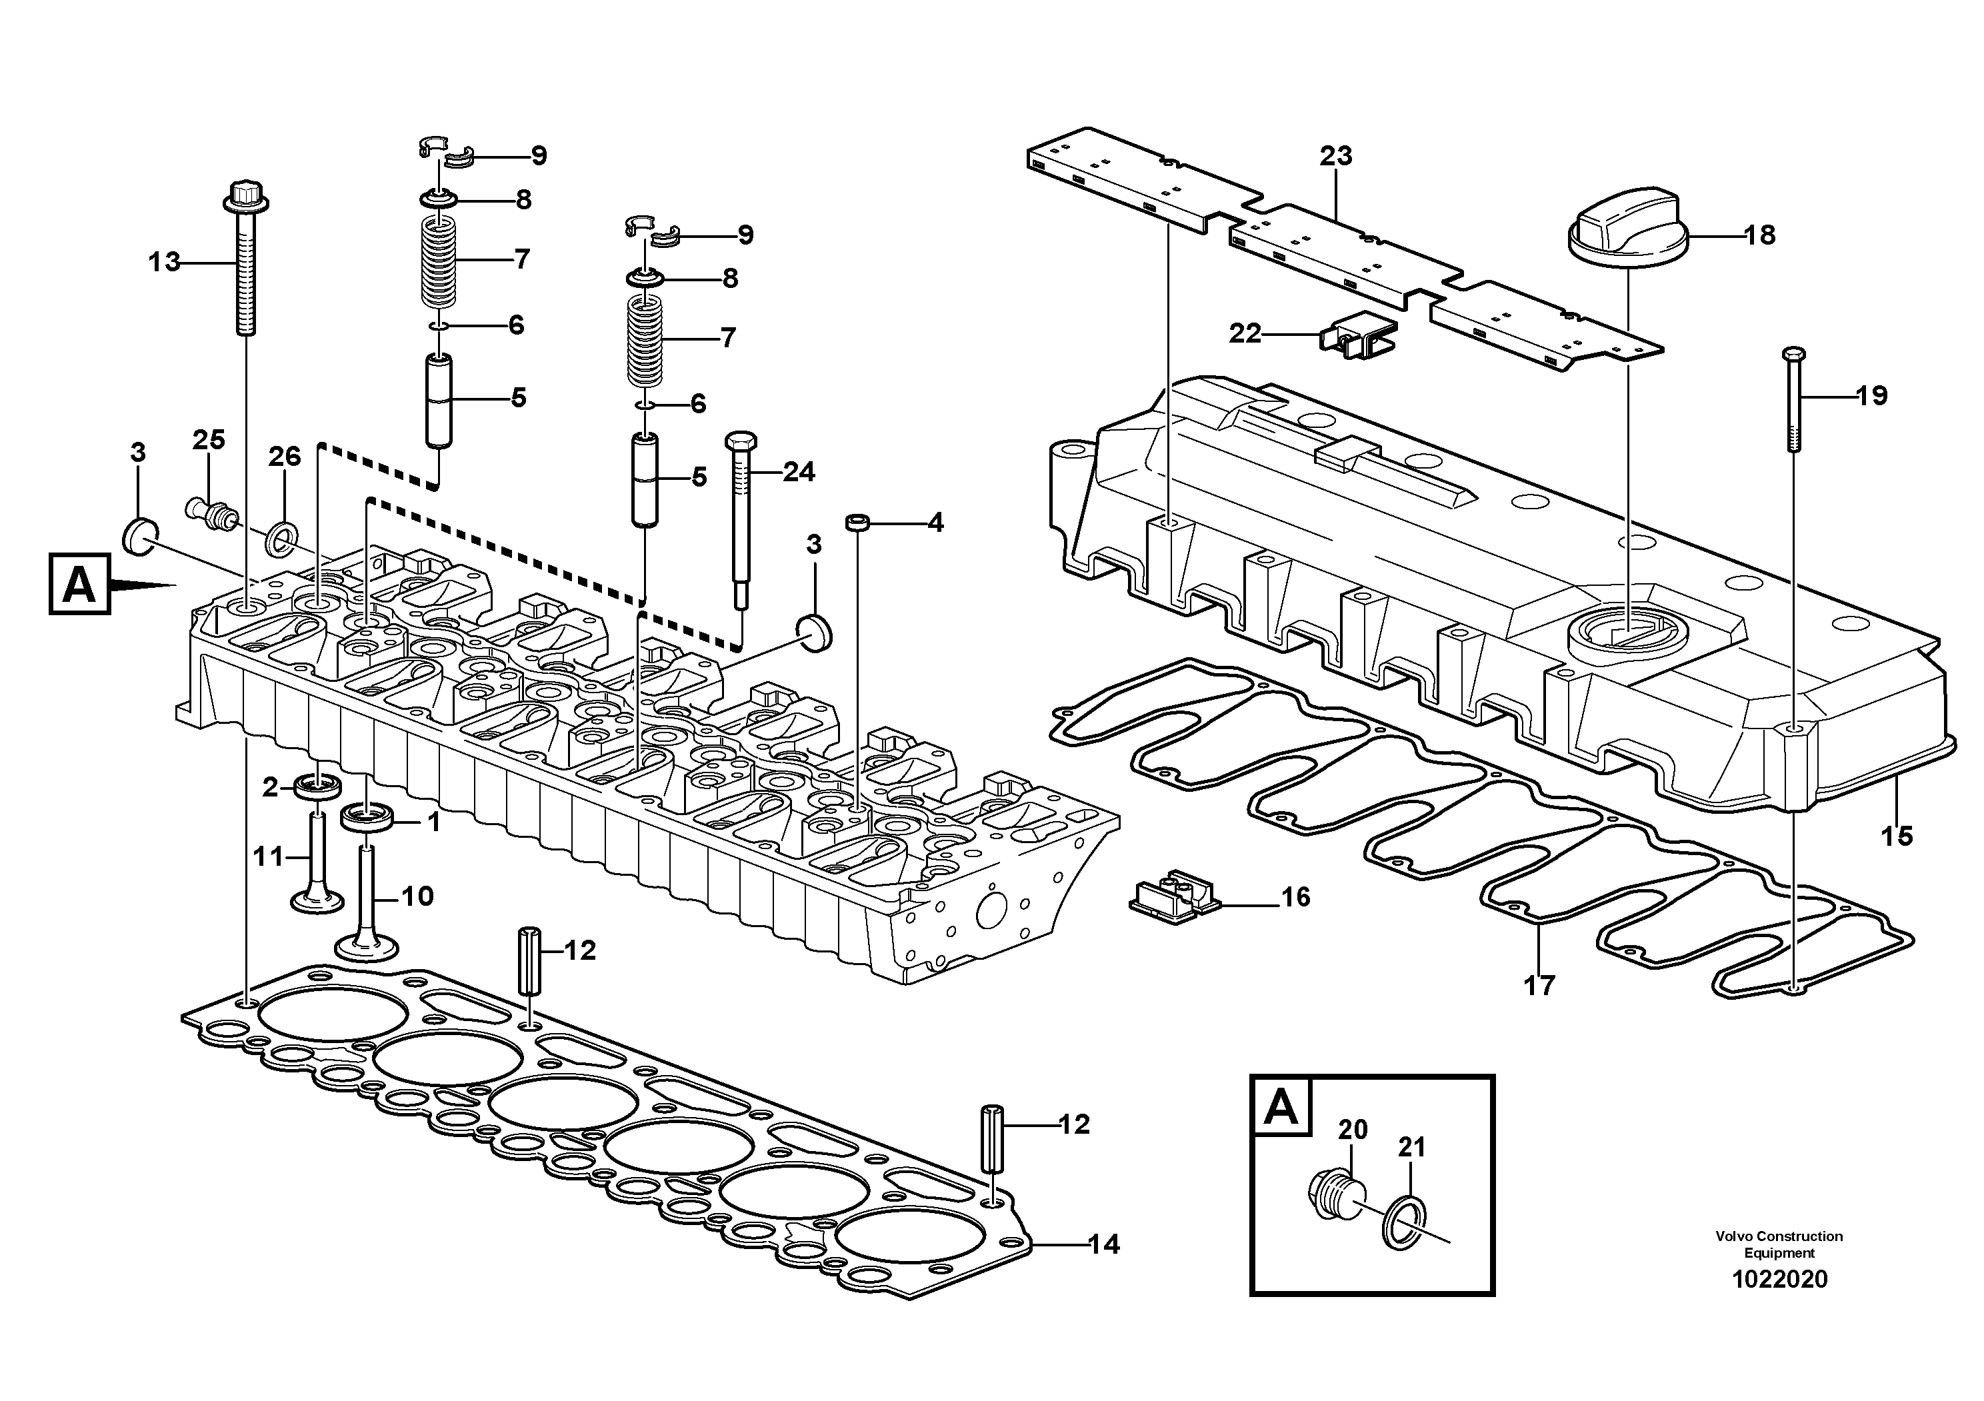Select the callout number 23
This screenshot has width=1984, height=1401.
click(x=1336, y=157)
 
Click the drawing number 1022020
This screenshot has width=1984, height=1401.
click(x=1779, y=1279)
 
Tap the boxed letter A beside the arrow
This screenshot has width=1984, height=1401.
click(x=79, y=585)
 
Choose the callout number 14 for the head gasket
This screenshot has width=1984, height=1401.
click(x=1103, y=1244)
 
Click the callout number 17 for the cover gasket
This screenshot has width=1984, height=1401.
click(x=1539, y=984)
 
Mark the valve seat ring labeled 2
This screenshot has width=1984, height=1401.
click(x=317, y=786)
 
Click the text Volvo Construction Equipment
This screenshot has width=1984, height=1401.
click(x=1779, y=1244)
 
